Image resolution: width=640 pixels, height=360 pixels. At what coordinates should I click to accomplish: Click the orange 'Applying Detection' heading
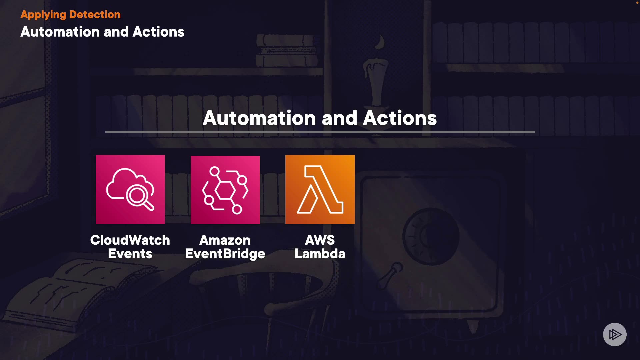(70, 15)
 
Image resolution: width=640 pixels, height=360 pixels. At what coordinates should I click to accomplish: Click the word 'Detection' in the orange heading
(95, 15)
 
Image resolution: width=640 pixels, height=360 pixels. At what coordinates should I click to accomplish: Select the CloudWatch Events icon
(130, 189)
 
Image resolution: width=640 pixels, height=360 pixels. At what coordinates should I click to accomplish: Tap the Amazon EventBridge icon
(225, 190)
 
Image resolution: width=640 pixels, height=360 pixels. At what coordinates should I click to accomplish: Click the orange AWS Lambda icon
(320, 189)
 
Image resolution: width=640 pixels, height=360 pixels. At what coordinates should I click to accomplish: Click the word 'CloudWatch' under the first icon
(130, 240)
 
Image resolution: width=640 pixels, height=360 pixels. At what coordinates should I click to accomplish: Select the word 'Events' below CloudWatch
(130, 254)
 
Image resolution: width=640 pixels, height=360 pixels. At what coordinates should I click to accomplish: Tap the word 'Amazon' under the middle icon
(225, 240)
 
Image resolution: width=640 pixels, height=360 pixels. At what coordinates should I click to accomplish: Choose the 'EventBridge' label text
(225, 254)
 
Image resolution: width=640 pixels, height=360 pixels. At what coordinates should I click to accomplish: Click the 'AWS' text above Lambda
(320, 240)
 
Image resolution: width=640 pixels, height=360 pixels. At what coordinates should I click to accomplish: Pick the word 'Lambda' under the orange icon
(320, 254)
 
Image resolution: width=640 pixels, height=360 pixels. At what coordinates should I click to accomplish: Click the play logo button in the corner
(615, 334)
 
